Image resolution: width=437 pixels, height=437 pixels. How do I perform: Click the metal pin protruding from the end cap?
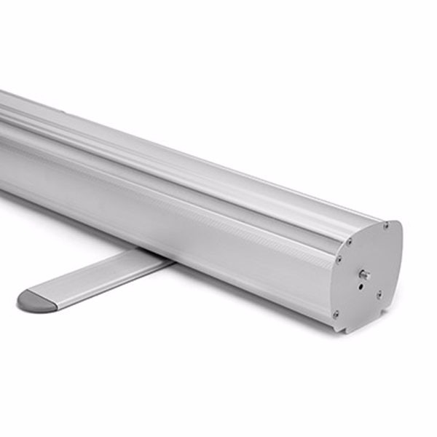pos(364,275)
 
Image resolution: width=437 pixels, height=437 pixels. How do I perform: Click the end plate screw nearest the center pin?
pos(379,294)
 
